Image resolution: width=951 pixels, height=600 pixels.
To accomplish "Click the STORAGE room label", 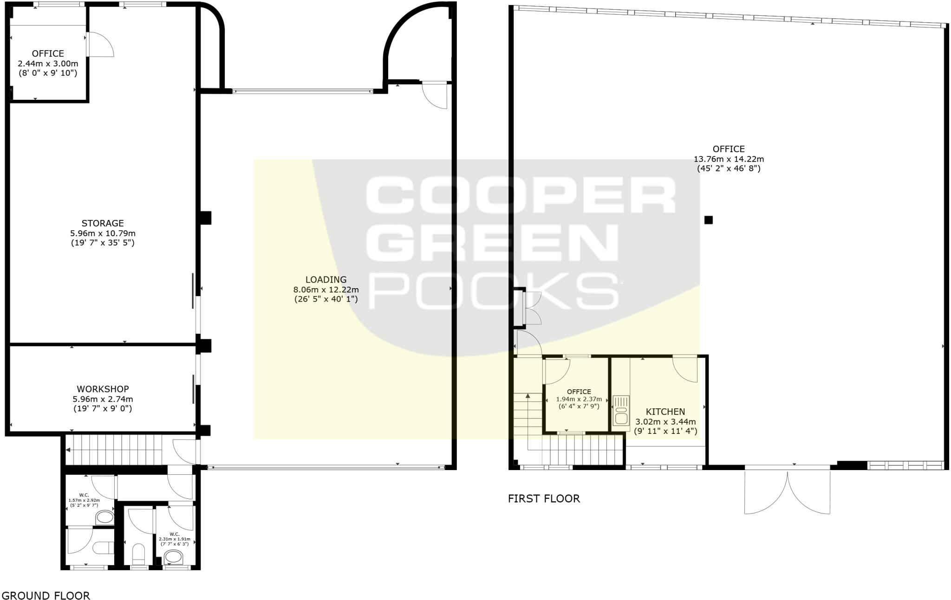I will [103, 223].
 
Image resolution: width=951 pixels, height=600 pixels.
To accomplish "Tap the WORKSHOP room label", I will [103, 389].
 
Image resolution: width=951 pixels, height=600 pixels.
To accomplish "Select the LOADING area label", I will [326, 279].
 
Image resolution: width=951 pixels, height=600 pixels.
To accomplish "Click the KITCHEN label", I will [665, 412].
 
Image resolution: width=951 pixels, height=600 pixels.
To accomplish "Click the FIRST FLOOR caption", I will [544, 499].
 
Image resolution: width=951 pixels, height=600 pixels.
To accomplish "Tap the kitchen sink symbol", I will [621, 410].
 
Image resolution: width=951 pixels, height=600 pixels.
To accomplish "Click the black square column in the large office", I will [708, 220].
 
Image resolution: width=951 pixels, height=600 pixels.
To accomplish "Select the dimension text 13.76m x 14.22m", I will [729, 159].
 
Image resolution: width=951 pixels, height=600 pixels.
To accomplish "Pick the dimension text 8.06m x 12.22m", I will [326, 290].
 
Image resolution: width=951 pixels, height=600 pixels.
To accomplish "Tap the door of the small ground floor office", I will [99, 45].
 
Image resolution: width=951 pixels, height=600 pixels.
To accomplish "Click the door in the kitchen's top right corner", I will [685, 368].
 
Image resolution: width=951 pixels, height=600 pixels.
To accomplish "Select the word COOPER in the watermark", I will [520, 197].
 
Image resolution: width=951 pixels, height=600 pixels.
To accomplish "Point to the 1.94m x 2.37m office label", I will [579, 399].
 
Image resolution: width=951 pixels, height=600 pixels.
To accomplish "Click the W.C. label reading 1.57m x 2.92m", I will [84, 500].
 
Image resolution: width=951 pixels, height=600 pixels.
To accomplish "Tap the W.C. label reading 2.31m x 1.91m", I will [175, 539].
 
